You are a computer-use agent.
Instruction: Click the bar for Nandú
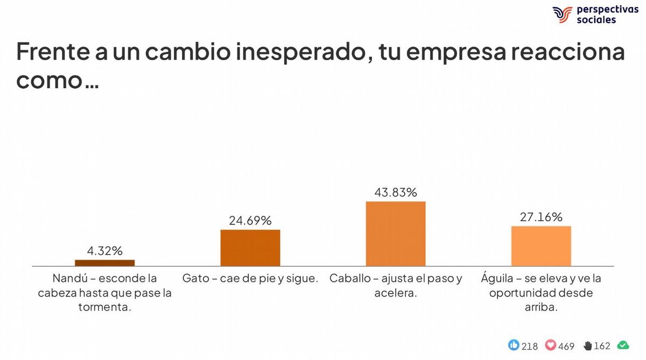click(104, 263)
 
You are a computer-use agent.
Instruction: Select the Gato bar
click(250, 248)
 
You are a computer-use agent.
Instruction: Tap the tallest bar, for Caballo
click(396, 234)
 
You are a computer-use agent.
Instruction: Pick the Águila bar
click(541, 246)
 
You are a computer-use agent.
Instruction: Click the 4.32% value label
click(105, 250)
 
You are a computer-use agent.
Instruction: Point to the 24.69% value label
click(250, 221)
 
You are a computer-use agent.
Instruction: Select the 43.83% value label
click(396, 192)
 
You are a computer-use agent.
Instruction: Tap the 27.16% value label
click(541, 217)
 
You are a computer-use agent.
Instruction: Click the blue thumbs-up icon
click(514, 345)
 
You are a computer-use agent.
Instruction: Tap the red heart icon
click(551, 345)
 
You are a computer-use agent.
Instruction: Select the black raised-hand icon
click(587, 345)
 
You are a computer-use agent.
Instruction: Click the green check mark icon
click(623, 345)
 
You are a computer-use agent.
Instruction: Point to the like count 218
click(530, 346)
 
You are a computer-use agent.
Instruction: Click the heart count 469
click(566, 346)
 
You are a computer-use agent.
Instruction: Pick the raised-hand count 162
click(602, 346)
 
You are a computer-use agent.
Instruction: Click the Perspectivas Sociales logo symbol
click(562, 15)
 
